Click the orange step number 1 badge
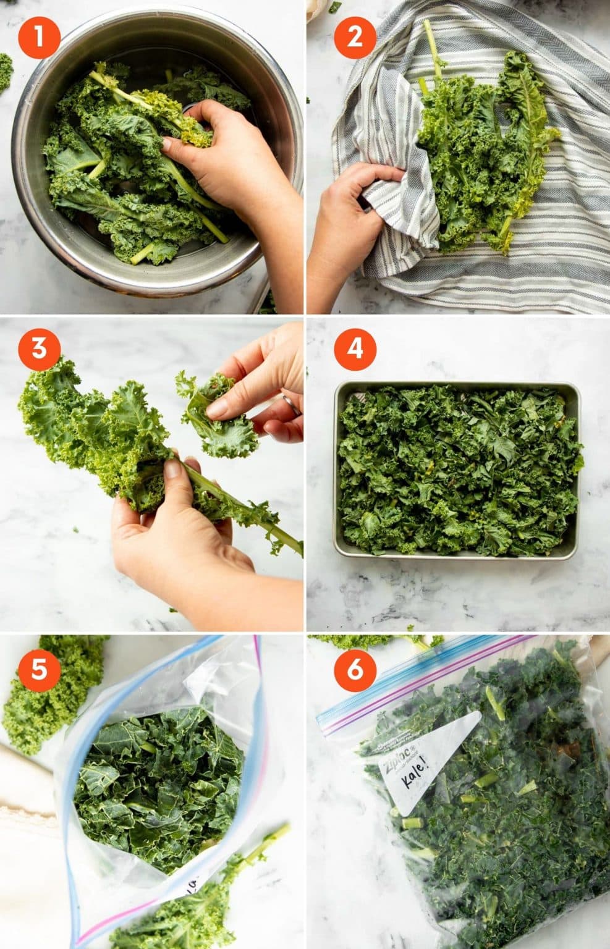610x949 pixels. (39, 38)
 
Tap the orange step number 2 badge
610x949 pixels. (355, 38)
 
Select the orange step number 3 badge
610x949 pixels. (39, 349)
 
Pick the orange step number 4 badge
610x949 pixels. (355, 349)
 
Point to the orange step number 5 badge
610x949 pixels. (39, 669)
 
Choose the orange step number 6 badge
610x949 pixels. (355, 669)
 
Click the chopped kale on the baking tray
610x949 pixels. (457, 470)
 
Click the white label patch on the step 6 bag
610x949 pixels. (433, 766)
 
